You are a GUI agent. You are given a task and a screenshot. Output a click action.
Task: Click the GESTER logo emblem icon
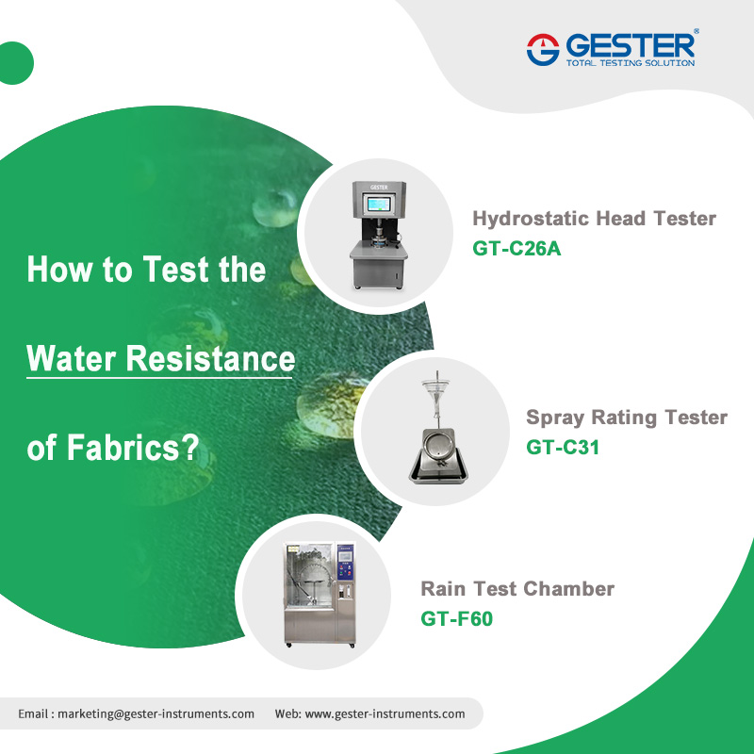pyautogui.click(x=544, y=49)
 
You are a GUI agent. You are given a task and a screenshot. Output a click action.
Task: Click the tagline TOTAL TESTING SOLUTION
pyautogui.click(x=630, y=63)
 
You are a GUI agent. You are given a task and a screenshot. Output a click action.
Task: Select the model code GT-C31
pyautogui.click(x=563, y=447)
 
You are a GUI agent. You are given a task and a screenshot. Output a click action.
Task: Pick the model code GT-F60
pyautogui.click(x=457, y=619)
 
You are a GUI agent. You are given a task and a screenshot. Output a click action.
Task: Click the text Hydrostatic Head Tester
pyautogui.click(x=594, y=219)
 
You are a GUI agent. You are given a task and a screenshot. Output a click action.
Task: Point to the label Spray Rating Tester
pyautogui.click(x=627, y=417)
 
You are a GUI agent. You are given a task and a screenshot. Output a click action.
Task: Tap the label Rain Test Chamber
pyautogui.click(x=517, y=589)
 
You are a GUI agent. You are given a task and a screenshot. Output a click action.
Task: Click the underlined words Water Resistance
pyautogui.click(x=161, y=359)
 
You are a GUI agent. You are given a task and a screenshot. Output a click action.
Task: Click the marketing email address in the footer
pyautogui.click(x=156, y=713)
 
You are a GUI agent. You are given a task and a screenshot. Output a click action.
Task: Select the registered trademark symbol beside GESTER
pyautogui.click(x=697, y=32)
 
